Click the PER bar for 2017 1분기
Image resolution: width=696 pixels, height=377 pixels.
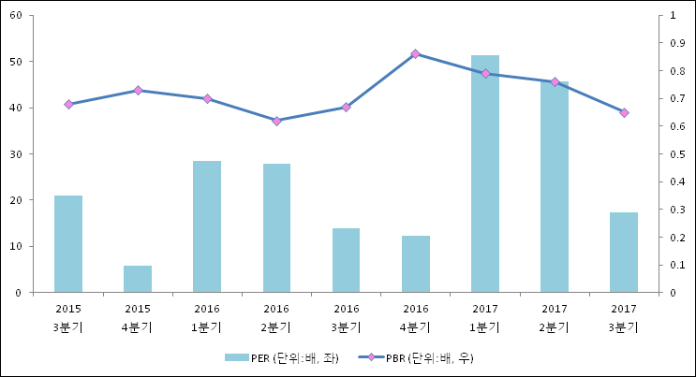tap(485, 174)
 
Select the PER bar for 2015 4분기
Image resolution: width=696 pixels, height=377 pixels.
tap(138, 279)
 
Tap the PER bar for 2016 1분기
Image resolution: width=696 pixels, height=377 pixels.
tap(207, 226)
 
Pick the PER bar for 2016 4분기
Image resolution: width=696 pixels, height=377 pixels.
tap(416, 264)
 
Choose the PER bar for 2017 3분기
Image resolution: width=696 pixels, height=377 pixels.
tap(624, 253)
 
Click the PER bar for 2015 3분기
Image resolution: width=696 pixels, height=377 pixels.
tap(68, 244)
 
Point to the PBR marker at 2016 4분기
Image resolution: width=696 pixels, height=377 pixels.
tap(416, 54)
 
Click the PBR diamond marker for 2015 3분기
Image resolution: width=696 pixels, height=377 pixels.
tap(68, 104)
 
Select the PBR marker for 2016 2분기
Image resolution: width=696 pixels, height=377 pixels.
tap(276, 121)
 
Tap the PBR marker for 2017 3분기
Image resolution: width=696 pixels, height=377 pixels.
tap(624, 112)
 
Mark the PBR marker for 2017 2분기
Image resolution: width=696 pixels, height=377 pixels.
tap(555, 82)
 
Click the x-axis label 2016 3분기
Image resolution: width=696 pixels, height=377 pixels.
tap(347, 317)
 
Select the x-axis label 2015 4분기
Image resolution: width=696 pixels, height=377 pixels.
tap(138, 317)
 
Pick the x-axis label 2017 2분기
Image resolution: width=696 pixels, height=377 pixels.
tap(555, 317)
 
